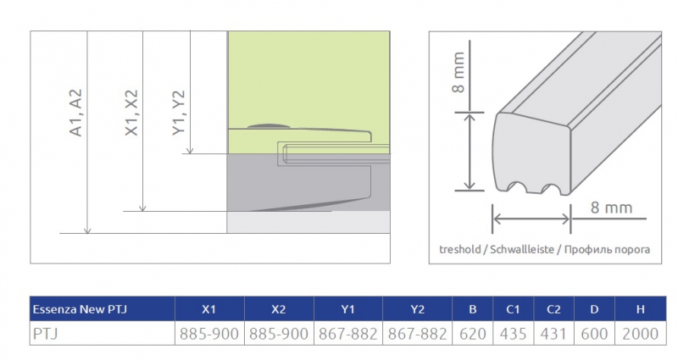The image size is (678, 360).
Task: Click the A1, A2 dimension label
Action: pos(75,113)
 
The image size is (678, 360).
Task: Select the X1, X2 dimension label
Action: pos(131,113)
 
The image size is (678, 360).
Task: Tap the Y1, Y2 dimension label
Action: pos(178,113)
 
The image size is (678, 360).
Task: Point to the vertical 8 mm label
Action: pos(458,72)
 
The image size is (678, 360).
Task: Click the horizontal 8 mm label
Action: pos(611,208)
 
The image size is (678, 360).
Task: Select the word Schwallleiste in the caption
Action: pos(522,249)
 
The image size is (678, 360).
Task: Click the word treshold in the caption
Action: pos(460,249)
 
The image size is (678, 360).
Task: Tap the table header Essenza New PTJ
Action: pos(80,309)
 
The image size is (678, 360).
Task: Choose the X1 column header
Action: pos(208,309)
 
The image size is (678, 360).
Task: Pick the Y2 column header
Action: pos(417,309)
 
